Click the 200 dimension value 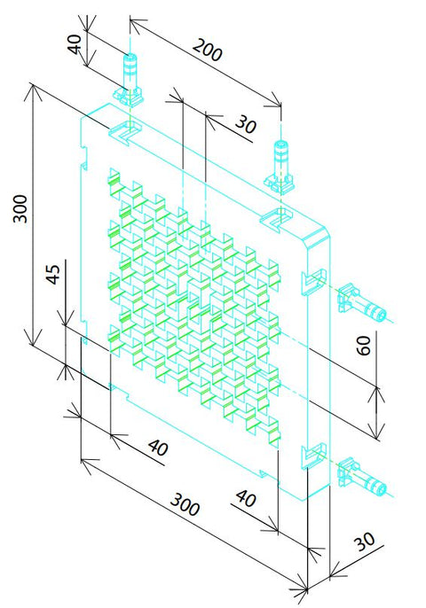[208, 50]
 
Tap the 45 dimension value [53, 274]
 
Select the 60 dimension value [364, 346]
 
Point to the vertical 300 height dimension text [20, 208]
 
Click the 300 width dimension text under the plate [185, 504]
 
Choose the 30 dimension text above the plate [246, 124]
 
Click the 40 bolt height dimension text [75, 43]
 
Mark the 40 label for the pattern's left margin [159, 447]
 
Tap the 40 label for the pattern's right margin [246, 498]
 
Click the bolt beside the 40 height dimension [129, 81]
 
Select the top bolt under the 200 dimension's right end [279, 168]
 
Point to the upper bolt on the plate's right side [362, 303]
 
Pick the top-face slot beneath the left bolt [125, 133]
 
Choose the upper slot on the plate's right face [315, 282]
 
